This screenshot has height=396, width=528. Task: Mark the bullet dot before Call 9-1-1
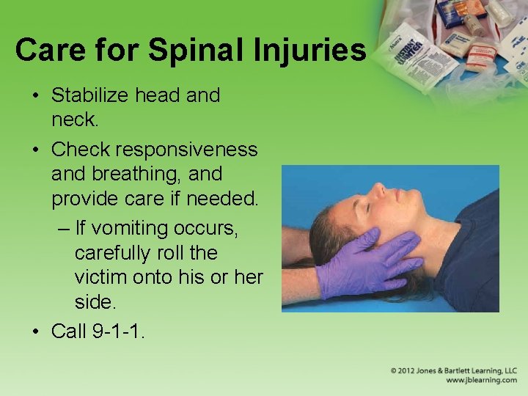pos(36,331)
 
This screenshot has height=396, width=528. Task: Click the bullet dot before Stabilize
pos(36,95)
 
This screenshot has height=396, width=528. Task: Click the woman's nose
pos(378,191)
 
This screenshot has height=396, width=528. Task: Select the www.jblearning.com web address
pos(480,381)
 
